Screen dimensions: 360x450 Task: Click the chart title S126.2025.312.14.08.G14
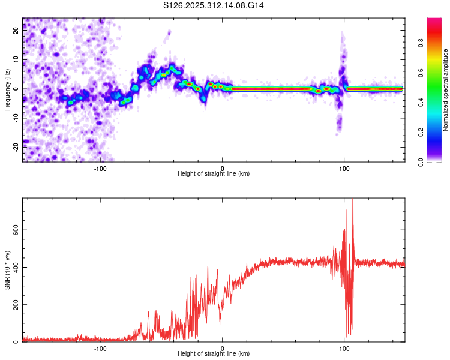[214, 5]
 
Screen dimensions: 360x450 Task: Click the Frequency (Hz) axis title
[7, 89]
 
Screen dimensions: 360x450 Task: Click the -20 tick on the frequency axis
[16, 146]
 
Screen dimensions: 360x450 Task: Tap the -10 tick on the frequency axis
[16, 118]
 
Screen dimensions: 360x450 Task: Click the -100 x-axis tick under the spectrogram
[100, 168]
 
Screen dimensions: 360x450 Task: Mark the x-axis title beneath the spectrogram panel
[214, 174]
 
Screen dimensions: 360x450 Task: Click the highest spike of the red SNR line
[352, 200]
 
